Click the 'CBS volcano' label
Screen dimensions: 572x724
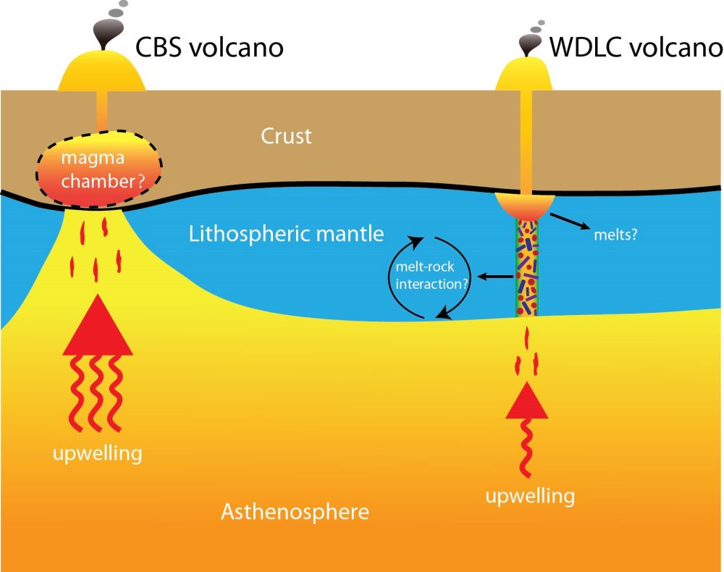tap(210, 48)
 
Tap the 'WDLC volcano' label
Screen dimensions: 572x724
tap(636, 48)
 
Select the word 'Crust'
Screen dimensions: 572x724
tap(287, 136)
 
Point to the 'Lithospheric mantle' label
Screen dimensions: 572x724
tap(286, 233)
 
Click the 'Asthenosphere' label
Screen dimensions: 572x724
tap(295, 512)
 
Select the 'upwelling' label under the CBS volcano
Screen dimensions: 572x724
tap(96, 454)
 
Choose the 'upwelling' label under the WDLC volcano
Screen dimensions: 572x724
tap(530, 496)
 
